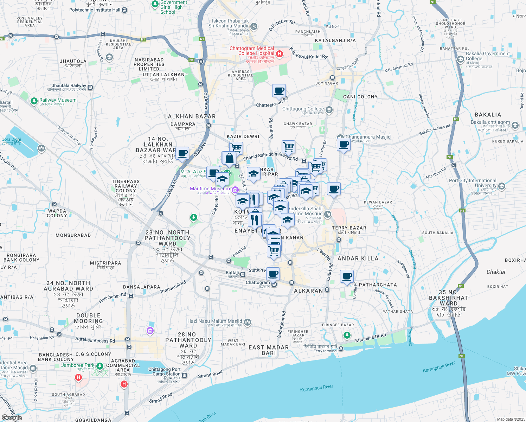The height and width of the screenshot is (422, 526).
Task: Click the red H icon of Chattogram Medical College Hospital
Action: [x=280, y=54]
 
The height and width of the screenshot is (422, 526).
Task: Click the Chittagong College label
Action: [x=303, y=109]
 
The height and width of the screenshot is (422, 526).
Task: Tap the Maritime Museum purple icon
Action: [x=235, y=190]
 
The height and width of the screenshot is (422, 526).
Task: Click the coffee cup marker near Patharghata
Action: [x=347, y=276]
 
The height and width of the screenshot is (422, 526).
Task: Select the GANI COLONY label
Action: [x=360, y=97]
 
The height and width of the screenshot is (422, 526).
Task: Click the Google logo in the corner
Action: [x=12, y=418]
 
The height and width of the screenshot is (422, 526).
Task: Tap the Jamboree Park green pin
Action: [x=100, y=366]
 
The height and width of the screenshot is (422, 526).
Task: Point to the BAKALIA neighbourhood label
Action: [x=488, y=115]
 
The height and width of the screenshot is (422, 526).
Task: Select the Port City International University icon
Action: [x=502, y=186]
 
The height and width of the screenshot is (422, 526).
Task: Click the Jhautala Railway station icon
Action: [x=90, y=88]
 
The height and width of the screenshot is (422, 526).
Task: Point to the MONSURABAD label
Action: [x=73, y=235]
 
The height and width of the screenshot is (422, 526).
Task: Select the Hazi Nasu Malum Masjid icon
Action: [x=248, y=322]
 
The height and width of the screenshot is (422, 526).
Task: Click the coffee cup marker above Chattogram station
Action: [x=273, y=274]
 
